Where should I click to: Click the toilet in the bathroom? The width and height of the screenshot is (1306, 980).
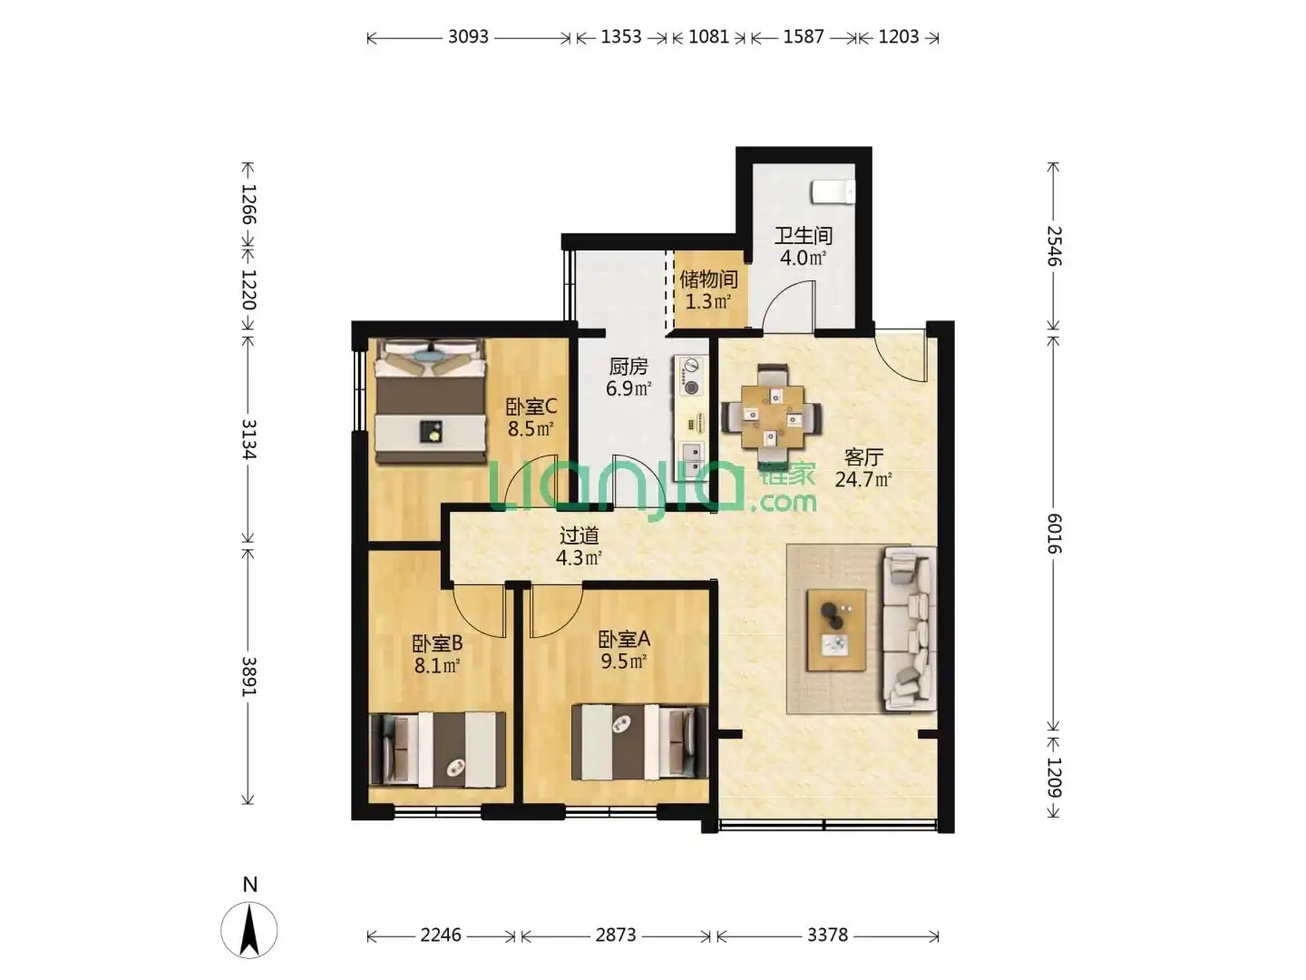[833, 191]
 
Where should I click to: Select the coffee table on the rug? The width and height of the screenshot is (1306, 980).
[836, 630]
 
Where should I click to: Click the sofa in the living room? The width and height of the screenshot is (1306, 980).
[909, 629]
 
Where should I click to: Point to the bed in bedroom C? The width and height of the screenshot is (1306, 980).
[429, 401]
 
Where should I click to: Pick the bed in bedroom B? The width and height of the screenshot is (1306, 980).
[438, 750]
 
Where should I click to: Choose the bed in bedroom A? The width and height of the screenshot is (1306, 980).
[639, 742]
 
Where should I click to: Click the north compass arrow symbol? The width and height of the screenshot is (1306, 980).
[249, 929]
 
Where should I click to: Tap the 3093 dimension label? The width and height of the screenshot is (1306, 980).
[468, 37]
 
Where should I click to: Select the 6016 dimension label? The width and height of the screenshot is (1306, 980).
[1054, 534]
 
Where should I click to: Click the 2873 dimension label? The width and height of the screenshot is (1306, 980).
[616, 935]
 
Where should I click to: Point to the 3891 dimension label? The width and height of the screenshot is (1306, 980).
[249, 676]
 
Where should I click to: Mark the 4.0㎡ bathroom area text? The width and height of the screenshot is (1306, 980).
[803, 258]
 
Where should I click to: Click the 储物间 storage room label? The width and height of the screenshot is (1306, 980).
[708, 279]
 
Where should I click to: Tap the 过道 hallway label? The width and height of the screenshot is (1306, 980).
[579, 536]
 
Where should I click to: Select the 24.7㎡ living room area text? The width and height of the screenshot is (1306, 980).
[863, 479]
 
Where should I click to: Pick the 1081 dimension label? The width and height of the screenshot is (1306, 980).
[708, 37]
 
